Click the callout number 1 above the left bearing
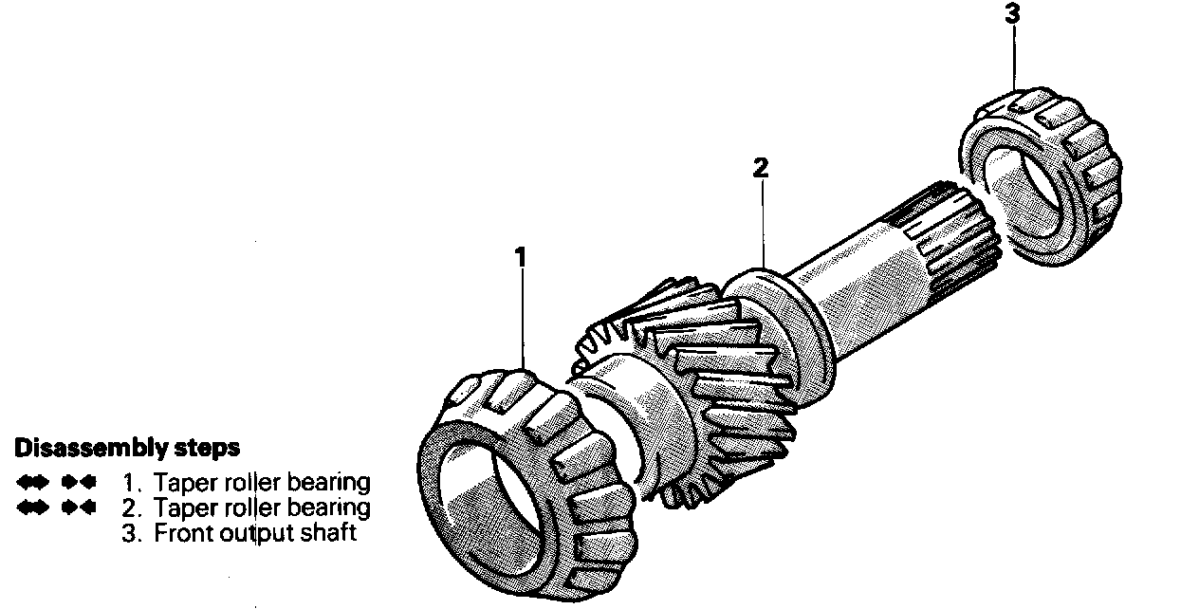tap(520, 256)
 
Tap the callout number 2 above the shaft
tap(761, 169)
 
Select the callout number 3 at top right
tap(1014, 14)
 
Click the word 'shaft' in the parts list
tap(327, 533)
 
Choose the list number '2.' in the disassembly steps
tap(133, 507)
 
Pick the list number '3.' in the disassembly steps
tap(133, 533)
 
